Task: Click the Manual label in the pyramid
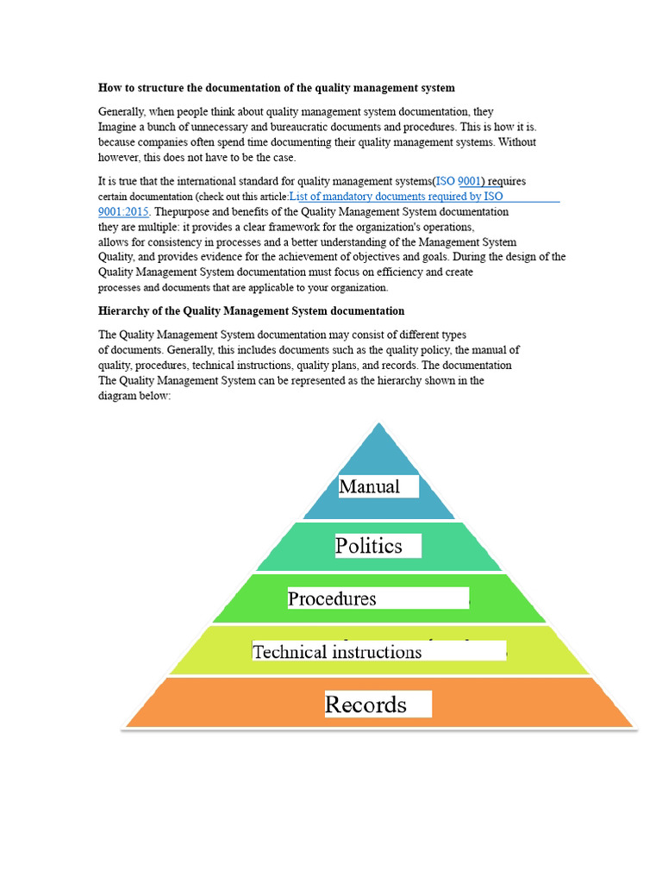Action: click(x=370, y=486)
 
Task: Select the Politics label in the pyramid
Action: click(x=369, y=546)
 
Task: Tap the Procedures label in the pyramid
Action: click(x=333, y=598)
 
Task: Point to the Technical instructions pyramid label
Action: click(x=338, y=651)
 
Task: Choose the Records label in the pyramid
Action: click(x=366, y=705)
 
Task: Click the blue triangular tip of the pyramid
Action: click(x=378, y=444)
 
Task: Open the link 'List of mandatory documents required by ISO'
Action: click(x=397, y=197)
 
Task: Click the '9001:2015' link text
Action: click(x=124, y=210)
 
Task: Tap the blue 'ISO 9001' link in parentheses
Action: click(x=459, y=181)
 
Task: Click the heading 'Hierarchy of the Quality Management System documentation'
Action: click(x=251, y=310)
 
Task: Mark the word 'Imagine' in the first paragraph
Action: click(x=118, y=127)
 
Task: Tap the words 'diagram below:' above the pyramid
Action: click(x=135, y=397)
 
